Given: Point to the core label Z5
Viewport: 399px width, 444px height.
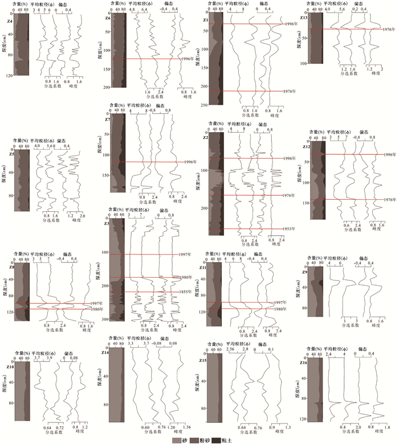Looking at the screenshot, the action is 10,154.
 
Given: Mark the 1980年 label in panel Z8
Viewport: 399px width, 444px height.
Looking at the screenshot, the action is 97,309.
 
